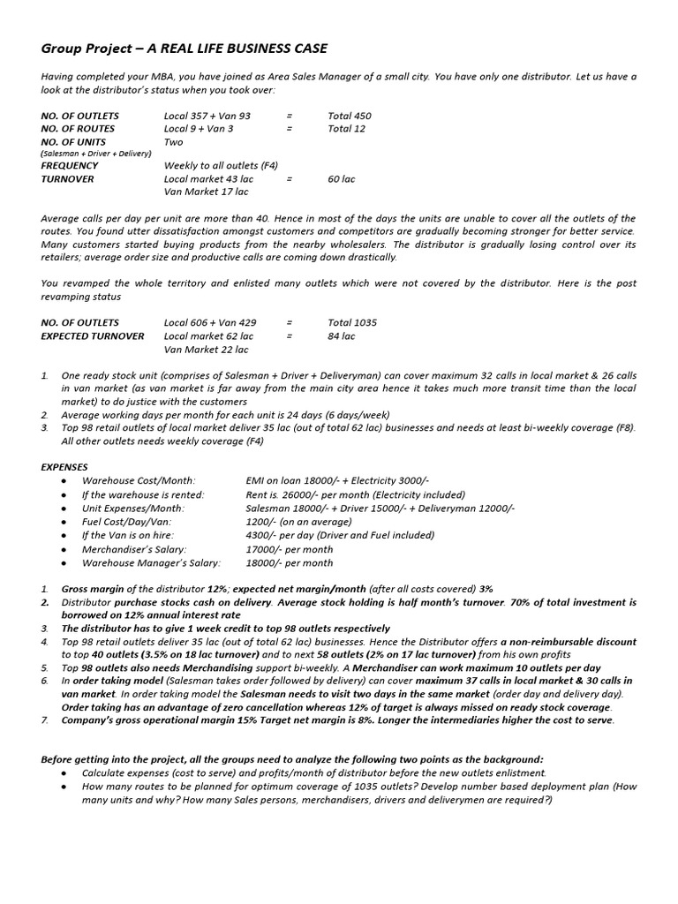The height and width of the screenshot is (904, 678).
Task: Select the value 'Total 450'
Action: coord(350,116)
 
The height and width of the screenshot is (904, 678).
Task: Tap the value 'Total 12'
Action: coord(346,129)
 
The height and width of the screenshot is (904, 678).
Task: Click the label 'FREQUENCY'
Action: coord(69,165)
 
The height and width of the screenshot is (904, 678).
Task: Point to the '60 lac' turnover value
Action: coord(341,178)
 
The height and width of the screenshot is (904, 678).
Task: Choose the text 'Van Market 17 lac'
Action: coord(207,192)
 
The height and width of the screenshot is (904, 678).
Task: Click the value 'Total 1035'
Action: coord(352,322)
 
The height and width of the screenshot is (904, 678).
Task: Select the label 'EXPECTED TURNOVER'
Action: coord(93,336)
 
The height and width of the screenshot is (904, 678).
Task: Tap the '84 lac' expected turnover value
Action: coord(341,336)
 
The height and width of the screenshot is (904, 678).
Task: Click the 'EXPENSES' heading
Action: coord(65,466)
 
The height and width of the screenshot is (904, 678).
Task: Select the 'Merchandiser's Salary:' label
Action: coord(134,549)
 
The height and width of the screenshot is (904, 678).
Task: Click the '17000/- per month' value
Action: coord(290,549)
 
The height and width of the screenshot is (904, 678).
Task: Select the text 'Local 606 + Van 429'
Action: coord(210,322)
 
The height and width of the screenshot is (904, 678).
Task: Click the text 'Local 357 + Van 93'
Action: coord(207,116)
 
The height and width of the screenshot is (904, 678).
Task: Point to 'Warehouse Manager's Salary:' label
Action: coord(151,562)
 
